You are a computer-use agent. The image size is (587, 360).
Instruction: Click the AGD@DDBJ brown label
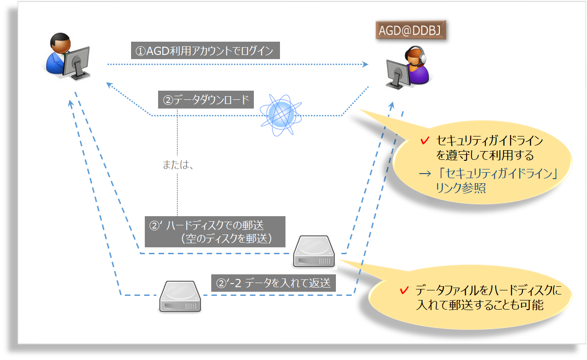[x=411, y=30]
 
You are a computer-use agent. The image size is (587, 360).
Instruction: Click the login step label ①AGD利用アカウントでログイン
[x=205, y=51]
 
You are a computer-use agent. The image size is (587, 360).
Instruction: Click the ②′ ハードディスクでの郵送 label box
[x=215, y=232]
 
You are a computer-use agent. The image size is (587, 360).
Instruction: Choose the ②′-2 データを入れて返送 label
[x=274, y=283]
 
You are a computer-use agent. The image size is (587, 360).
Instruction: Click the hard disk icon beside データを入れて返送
[x=180, y=297]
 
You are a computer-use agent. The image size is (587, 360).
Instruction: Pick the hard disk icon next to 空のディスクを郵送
[x=314, y=251]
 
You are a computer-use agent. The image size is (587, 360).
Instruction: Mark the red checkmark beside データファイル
[x=404, y=290]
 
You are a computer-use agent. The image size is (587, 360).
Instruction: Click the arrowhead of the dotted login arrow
[x=366, y=65]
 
